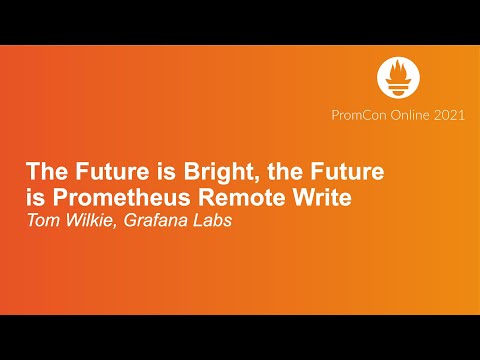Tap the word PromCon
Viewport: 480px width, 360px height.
[x=355, y=115]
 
